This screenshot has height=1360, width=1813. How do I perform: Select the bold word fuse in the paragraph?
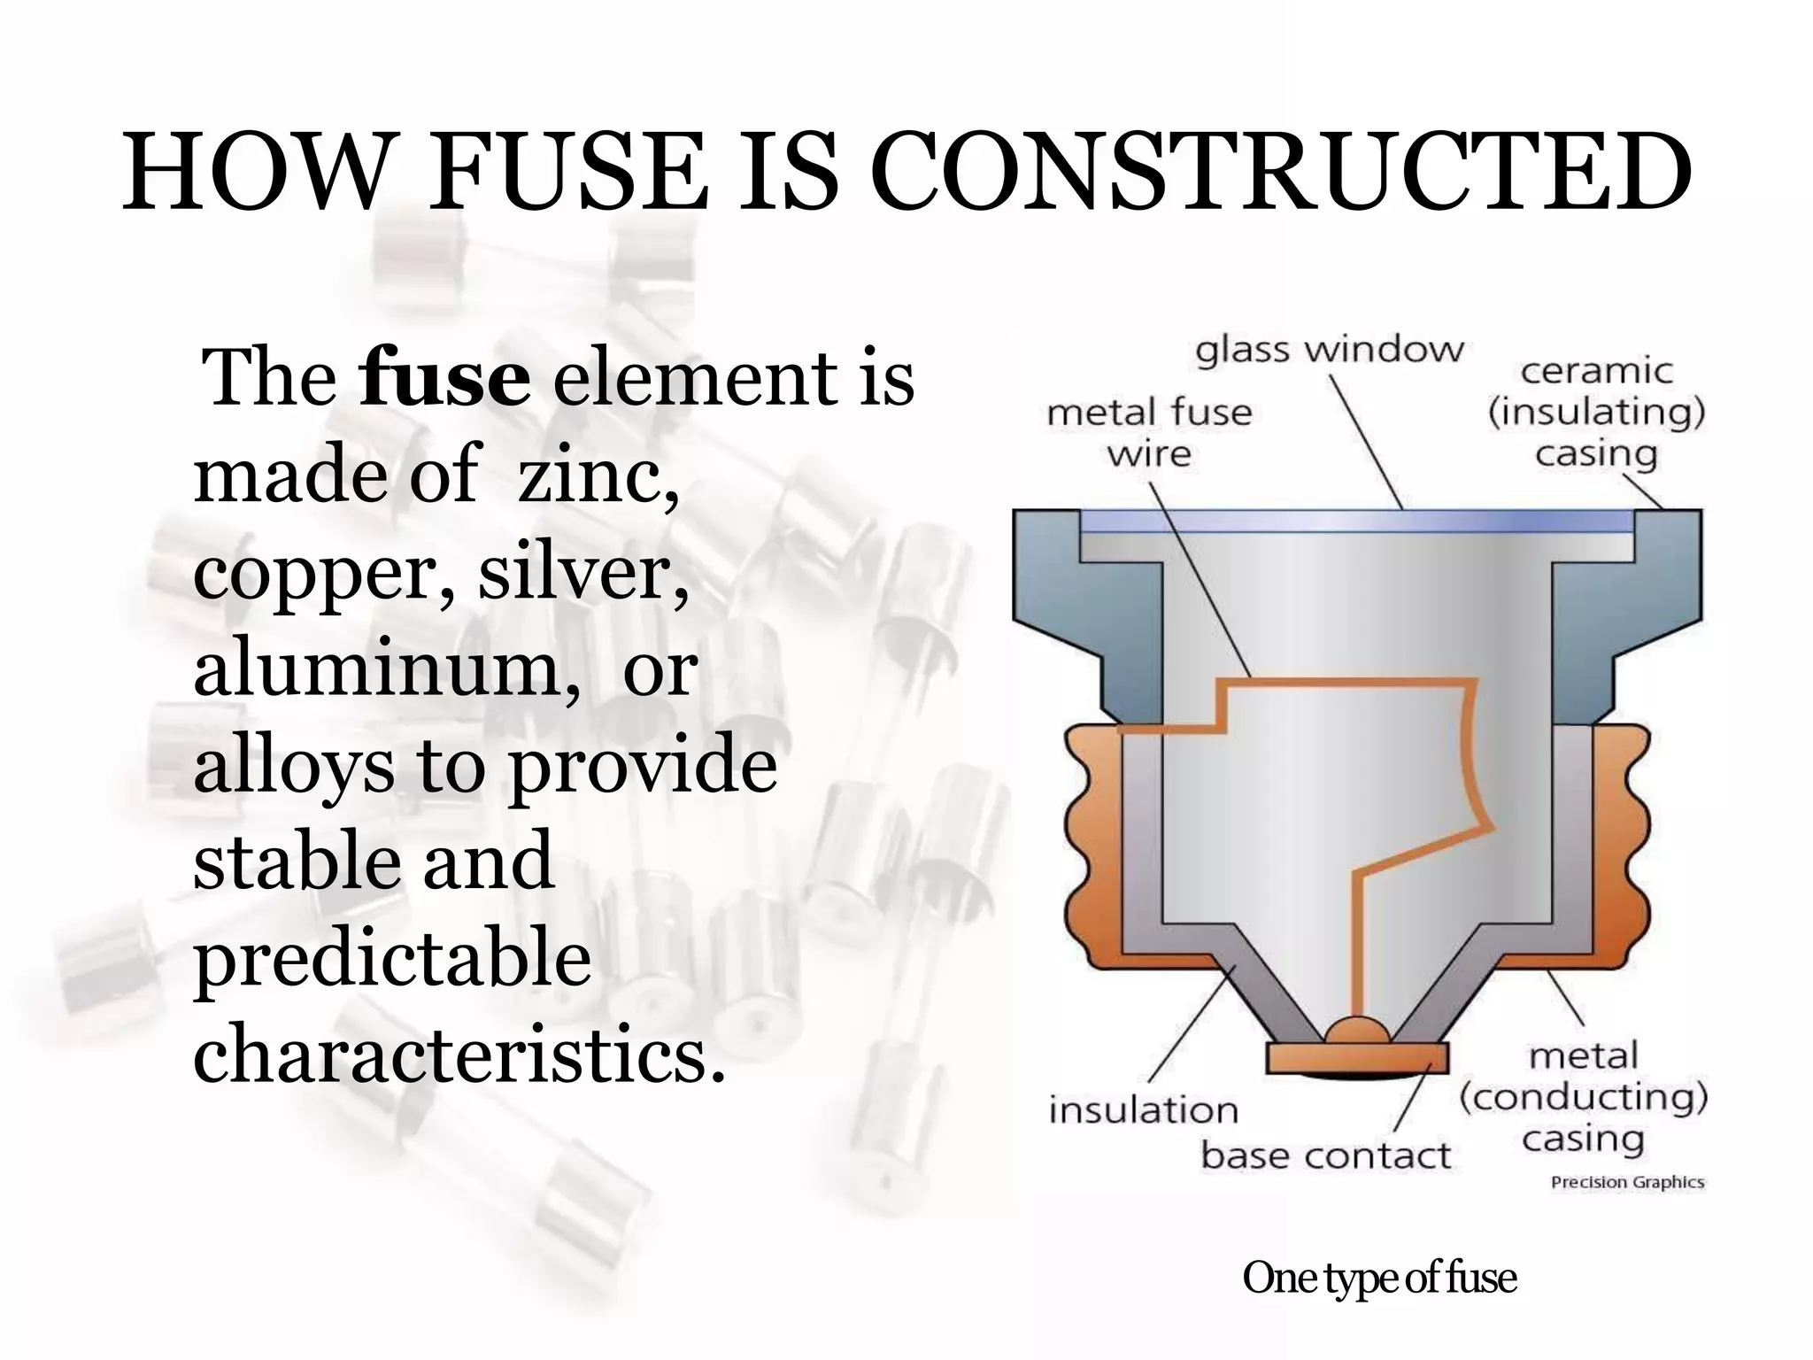tap(445, 378)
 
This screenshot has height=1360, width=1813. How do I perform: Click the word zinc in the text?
tap(598, 475)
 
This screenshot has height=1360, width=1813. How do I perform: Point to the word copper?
tap(323, 574)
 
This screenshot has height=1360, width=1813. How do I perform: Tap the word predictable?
tap(392, 961)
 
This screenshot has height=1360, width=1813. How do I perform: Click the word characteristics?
tap(459, 1054)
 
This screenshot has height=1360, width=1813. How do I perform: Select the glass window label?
tap(1330, 351)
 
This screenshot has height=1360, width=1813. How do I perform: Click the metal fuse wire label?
tap(1149, 433)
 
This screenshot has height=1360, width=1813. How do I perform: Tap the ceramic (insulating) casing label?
tap(1596, 413)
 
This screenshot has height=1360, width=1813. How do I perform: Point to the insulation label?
tap(1143, 1110)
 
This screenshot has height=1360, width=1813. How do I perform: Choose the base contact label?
tap(1325, 1155)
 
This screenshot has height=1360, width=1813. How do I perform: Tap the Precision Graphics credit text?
tap(1627, 1182)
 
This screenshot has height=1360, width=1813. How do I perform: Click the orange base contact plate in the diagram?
tap(1357, 1057)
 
